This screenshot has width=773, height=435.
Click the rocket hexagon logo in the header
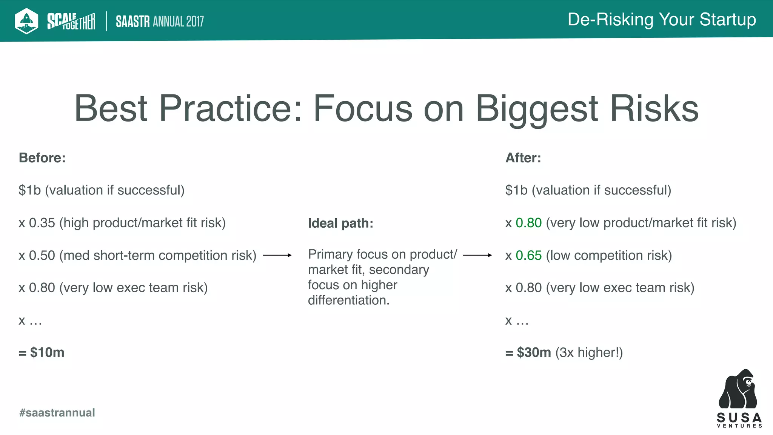pyautogui.click(x=26, y=21)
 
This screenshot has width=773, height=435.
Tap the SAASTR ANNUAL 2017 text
pyautogui.click(x=160, y=22)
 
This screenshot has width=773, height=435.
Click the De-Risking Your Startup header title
pyautogui.click(x=661, y=20)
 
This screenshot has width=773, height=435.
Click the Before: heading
pyautogui.click(x=42, y=158)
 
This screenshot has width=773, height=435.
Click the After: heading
pyautogui.click(x=523, y=158)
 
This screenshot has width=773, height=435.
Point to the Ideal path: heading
pyautogui.click(x=340, y=223)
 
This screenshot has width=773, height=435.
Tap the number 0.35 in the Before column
pyautogui.click(x=42, y=223)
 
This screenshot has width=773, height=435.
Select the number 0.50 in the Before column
pyautogui.click(x=42, y=255)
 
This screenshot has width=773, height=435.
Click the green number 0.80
pyautogui.click(x=528, y=223)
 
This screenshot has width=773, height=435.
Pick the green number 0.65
pyautogui.click(x=528, y=255)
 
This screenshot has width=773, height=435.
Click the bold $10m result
pyautogui.click(x=47, y=352)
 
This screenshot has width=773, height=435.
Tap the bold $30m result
pyautogui.click(x=534, y=352)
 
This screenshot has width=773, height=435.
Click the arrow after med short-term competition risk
pyautogui.click(x=277, y=255)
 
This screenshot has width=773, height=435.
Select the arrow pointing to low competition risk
pyautogui.click(x=477, y=255)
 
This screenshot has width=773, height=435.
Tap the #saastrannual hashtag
pyautogui.click(x=57, y=412)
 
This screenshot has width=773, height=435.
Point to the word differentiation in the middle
pyautogui.click(x=348, y=300)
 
